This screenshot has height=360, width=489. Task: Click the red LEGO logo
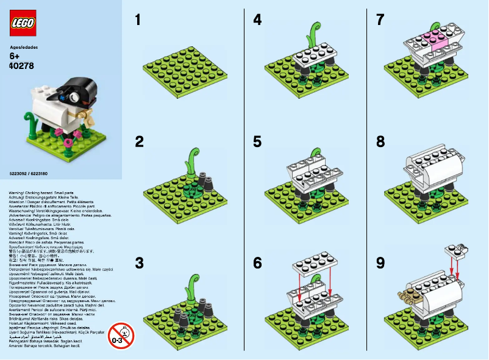[x=23, y=23]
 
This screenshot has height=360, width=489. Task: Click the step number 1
[x=138, y=20]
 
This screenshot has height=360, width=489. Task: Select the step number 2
[x=140, y=142]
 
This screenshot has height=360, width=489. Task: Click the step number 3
[x=140, y=263]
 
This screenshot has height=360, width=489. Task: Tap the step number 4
[x=257, y=20]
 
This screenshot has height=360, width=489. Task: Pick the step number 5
[x=257, y=142]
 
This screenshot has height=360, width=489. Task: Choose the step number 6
[x=257, y=263]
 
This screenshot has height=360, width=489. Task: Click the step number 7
[x=380, y=20]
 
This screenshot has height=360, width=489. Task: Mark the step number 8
[x=380, y=142]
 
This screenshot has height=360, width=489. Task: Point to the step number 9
[x=380, y=263]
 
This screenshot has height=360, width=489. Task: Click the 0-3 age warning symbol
[x=121, y=335]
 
